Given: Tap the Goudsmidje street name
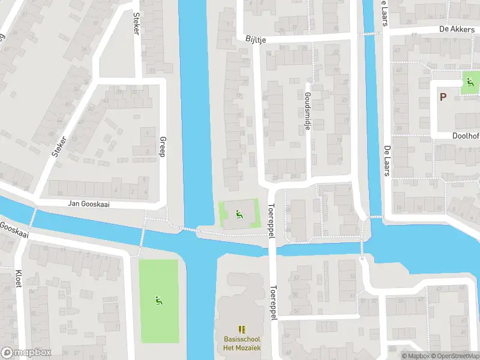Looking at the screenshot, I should [x=307, y=112].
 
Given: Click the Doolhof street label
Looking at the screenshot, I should [x=465, y=136].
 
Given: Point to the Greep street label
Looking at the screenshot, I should [x=161, y=146].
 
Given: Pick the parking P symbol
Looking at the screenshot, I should [x=443, y=97].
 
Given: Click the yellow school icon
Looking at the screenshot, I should [x=242, y=329].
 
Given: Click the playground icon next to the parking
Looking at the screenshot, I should [x=469, y=83].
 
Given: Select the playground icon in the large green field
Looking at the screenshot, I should [x=158, y=300].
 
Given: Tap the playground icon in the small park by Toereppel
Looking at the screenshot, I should [x=239, y=212].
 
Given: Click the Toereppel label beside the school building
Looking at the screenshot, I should [x=273, y=302].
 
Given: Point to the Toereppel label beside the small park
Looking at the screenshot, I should [x=271, y=220].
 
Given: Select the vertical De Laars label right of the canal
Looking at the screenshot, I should [x=386, y=160].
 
